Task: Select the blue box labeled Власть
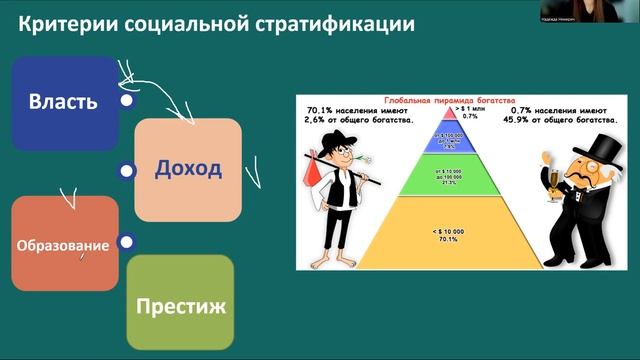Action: coord(62,101)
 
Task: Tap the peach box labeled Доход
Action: coord(188,168)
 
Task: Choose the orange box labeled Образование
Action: coord(64,244)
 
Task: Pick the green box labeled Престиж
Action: coord(180,303)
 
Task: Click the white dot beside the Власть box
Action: coord(125,101)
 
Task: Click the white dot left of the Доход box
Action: coord(127,171)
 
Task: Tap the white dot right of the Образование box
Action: coord(126,241)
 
